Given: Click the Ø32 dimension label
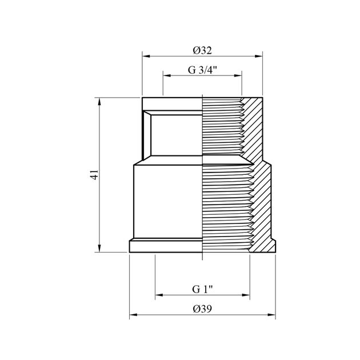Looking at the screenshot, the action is [x=202, y=50].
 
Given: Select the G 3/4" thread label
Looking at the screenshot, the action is [x=202, y=70].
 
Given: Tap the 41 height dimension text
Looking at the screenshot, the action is [x=94, y=175].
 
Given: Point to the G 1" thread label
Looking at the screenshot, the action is [x=202, y=289].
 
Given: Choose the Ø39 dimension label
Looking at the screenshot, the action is [x=202, y=309].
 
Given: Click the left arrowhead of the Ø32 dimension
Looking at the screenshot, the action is [x=146, y=56].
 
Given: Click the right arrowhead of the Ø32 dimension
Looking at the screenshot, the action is [x=259, y=56].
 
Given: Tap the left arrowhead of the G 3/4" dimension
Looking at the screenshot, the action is [x=167, y=75].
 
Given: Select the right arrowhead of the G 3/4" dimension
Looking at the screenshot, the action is [x=238, y=75].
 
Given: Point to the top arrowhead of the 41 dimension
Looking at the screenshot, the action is [x=99, y=102].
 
